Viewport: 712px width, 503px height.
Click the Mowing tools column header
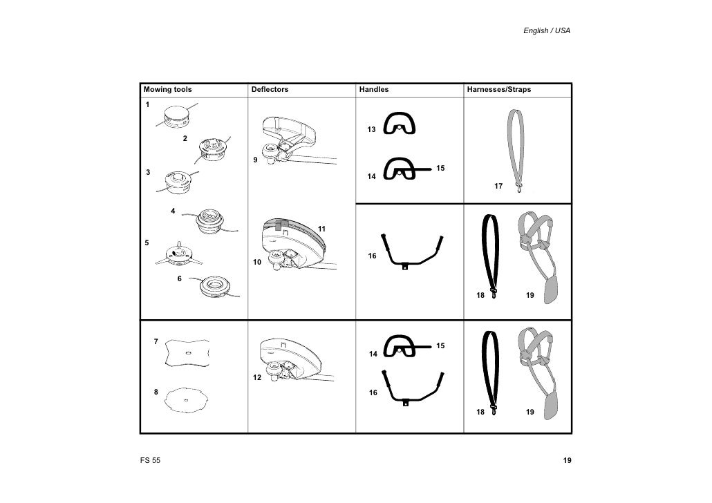tap(167, 90)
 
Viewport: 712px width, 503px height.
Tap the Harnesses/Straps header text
tap(499, 90)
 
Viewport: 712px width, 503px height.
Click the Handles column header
tap(374, 90)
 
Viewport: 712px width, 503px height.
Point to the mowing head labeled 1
tap(178, 117)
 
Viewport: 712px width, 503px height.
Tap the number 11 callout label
tap(321, 229)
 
